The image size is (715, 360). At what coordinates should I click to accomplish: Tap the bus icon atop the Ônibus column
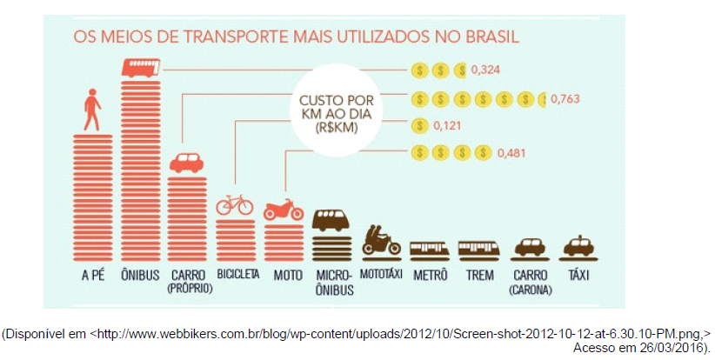pyautogui.click(x=140, y=67)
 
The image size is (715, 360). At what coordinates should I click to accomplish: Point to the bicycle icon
pyautogui.click(x=234, y=205)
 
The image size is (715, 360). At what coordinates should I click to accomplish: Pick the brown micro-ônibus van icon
pyautogui.click(x=331, y=220)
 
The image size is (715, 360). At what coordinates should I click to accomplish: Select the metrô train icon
pyautogui.click(x=430, y=250)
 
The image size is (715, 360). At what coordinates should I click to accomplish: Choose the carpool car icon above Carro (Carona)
pyautogui.click(x=530, y=247)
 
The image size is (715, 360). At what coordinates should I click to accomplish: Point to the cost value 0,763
pyautogui.click(x=566, y=98)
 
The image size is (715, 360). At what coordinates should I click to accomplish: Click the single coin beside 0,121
pyautogui.click(x=419, y=126)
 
